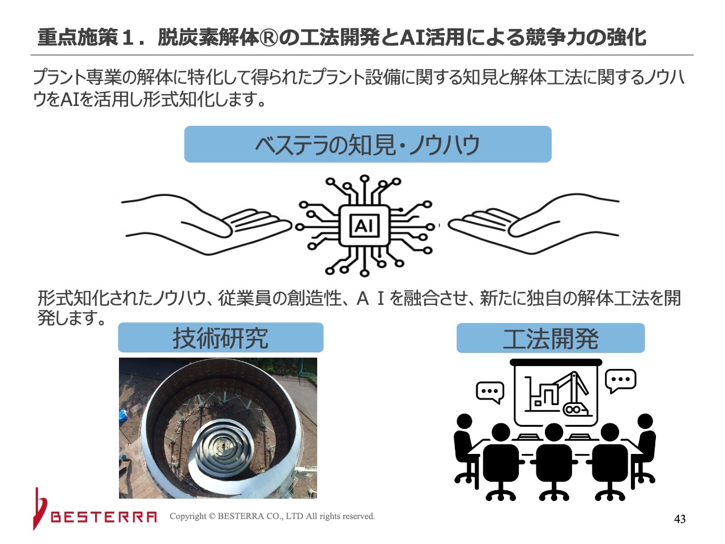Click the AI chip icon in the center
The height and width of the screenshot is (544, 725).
click(365, 226)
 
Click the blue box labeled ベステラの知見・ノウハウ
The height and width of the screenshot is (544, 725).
click(368, 144)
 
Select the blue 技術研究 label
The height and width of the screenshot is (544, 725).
click(221, 337)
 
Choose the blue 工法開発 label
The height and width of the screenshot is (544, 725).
click(551, 338)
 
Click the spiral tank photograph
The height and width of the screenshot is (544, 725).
click(218, 428)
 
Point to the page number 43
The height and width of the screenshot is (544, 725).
click(680, 519)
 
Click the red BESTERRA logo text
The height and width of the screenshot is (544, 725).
click(104, 517)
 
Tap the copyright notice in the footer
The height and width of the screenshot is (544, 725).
click(272, 516)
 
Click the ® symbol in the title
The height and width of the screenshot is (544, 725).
click(269, 37)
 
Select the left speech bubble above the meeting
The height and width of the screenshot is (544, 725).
click(490, 392)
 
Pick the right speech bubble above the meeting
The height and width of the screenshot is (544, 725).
click(621, 380)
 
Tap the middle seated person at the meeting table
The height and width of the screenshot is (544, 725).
click(554, 462)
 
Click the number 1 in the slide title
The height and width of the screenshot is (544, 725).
click(127, 37)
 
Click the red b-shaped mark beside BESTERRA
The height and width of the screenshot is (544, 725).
click(40, 509)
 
